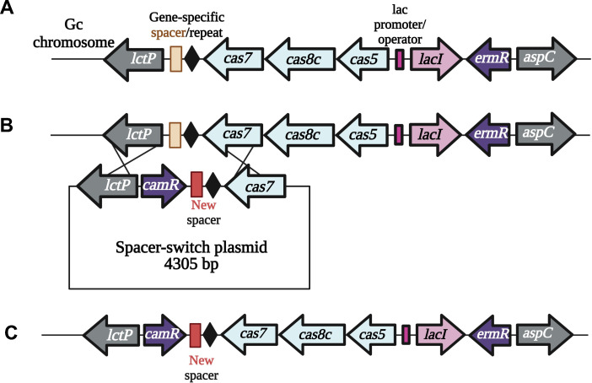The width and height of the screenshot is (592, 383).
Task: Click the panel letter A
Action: click(7, 8)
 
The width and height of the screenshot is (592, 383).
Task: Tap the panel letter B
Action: click(7, 126)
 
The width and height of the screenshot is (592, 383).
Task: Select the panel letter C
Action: click(11, 332)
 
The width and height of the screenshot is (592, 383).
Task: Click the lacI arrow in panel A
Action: click(436, 59)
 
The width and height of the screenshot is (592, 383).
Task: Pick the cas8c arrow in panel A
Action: click(299, 59)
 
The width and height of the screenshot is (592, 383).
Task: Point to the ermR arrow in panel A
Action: click(489, 59)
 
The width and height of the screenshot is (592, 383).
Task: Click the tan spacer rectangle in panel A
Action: click(176, 59)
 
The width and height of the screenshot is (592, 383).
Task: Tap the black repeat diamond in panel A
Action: click(193, 59)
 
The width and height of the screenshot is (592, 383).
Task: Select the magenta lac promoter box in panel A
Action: click(399, 59)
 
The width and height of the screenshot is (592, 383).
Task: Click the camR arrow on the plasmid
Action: click(164, 186)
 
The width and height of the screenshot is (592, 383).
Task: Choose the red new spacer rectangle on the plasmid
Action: click(196, 184)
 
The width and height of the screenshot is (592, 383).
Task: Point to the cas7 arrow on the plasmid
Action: click(256, 186)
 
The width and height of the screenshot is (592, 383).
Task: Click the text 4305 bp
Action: click(191, 264)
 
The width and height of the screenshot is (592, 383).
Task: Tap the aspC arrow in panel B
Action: click(546, 133)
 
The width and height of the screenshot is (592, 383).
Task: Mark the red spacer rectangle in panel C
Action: click(195, 335)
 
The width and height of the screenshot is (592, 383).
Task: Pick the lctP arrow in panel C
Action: click(112, 334)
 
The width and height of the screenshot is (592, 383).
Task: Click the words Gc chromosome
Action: click(73, 33)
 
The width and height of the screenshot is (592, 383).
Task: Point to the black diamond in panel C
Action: click(210, 335)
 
